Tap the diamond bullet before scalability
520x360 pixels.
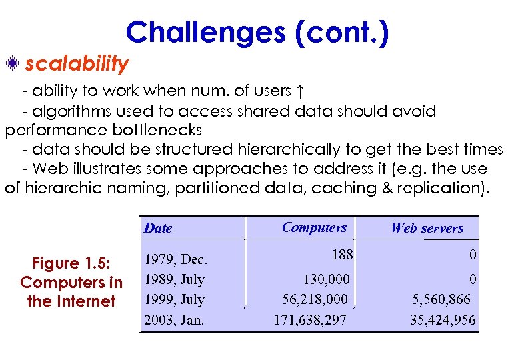click(13, 64)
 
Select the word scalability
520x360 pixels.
click(77, 64)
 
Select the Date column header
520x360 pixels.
click(158, 228)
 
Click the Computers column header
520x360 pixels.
click(314, 227)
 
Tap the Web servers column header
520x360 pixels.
click(427, 228)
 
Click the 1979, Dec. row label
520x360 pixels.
click(176, 259)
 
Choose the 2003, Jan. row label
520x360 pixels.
click(174, 320)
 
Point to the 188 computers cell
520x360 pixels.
click(342, 254)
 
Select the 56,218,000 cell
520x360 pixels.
click(315, 299)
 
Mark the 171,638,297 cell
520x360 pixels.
click(310, 320)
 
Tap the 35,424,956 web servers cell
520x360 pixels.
click(443, 320)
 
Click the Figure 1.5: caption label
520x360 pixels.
click(71, 263)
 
